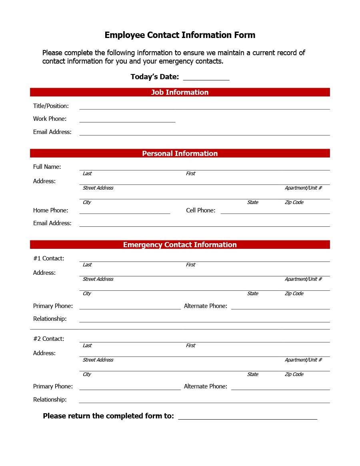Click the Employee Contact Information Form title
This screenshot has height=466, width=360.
tap(180, 35)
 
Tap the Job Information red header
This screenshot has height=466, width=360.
tap(180, 92)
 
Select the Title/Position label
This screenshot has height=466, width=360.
tap(51, 106)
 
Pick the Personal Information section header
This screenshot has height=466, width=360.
tap(180, 154)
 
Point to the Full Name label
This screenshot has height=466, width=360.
tap(47, 167)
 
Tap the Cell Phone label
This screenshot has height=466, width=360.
tap(200, 210)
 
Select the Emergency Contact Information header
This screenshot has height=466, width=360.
tap(180, 245)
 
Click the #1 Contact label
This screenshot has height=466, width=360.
tap(48, 258)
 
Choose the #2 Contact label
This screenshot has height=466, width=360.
tap(48, 339)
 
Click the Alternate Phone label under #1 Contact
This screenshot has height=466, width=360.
tap(205, 306)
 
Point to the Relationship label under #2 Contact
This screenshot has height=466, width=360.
tap(50, 400)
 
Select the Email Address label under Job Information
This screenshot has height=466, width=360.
tap(52, 132)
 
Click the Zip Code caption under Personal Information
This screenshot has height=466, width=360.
tap(294, 202)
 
